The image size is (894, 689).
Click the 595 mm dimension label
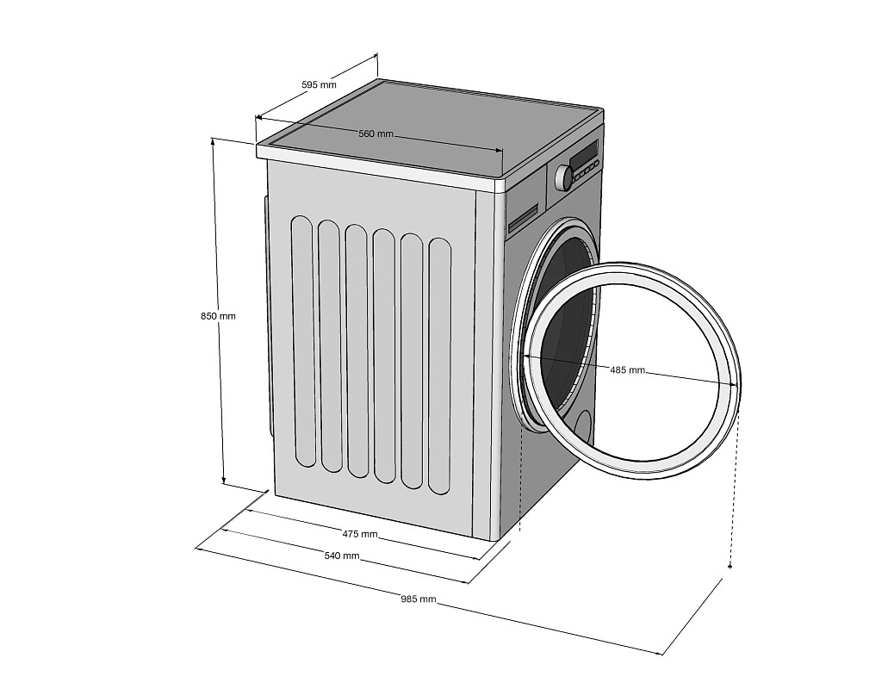tap(319, 84)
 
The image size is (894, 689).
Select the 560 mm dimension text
tap(376, 133)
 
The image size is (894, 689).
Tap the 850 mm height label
tap(218, 316)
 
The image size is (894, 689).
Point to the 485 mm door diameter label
tap(627, 370)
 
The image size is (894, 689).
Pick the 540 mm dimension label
tap(342, 556)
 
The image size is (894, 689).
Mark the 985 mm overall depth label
tap(418, 599)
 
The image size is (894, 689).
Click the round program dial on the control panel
tap(564, 177)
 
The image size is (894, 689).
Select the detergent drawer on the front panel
tap(523, 221)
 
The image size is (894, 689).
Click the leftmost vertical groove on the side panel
tap(302, 342)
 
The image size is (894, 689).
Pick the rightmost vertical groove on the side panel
tap(439, 366)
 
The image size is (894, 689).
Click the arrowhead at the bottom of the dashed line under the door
tap(730, 566)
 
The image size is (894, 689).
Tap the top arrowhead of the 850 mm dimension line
tap(213, 140)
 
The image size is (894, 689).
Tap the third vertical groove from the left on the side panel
tap(357, 351)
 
